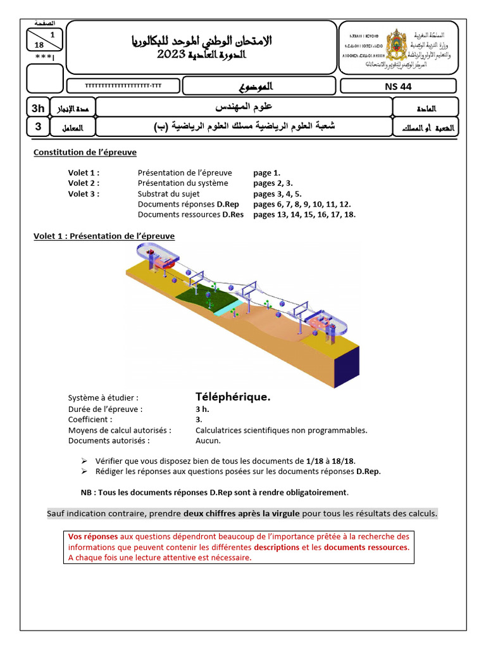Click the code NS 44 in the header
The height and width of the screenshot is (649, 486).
(x=397, y=87)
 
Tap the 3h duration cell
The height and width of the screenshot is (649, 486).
(x=38, y=108)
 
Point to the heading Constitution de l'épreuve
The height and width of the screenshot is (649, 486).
(x=85, y=152)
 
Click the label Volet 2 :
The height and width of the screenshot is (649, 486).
(x=84, y=183)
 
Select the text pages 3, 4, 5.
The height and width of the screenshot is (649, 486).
(x=277, y=194)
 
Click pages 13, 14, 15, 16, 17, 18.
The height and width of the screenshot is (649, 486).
(x=304, y=214)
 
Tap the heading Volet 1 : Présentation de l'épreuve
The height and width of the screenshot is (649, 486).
(x=104, y=236)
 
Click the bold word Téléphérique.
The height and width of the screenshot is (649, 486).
(x=233, y=397)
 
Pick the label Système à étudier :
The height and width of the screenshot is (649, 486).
(x=103, y=398)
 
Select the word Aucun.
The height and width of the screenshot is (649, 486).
(x=208, y=441)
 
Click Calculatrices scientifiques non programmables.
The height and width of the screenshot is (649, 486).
(x=281, y=430)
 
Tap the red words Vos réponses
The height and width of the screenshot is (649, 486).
(x=92, y=536)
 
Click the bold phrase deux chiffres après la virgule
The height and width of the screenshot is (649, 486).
(x=242, y=513)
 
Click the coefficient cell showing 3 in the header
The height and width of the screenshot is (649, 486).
(x=38, y=127)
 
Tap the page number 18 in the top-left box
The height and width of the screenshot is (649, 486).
(x=39, y=45)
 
